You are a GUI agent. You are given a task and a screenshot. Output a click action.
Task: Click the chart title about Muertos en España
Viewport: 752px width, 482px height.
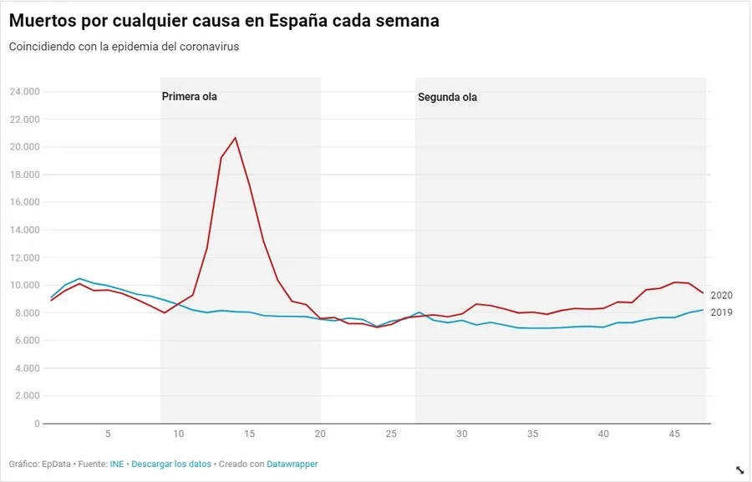[x=224, y=21]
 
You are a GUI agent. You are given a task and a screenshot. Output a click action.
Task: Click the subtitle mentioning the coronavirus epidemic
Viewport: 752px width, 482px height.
[x=124, y=47]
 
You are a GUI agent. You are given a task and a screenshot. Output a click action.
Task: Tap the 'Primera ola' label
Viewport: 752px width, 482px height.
[x=189, y=97]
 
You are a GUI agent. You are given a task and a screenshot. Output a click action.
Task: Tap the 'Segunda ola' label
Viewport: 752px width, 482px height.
[x=447, y=97]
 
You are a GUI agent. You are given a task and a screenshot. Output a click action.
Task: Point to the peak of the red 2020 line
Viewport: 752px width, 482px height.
[x=235, y=138]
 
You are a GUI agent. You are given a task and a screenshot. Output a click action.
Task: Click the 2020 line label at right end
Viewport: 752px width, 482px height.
[x=721, y=296]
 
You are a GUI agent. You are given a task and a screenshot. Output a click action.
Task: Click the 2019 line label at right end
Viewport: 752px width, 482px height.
[x=721, y=312]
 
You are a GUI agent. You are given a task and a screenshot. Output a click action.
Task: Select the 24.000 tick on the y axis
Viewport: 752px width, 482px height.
[x=24, y=92]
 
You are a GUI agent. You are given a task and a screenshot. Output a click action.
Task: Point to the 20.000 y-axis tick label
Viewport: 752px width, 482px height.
[x=24, y=147]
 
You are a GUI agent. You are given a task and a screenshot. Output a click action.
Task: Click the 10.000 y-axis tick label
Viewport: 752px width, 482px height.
[x=24, y=285]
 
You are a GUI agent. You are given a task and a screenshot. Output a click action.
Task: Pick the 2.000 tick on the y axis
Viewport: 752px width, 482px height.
[x=27, y=396]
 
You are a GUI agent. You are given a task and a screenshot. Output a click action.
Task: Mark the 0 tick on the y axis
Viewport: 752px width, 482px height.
[x=36, y=424]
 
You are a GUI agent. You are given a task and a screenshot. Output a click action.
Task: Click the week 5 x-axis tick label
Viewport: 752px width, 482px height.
[x=108, y=434]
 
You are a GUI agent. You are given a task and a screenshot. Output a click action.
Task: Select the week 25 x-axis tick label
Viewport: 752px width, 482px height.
[x=391, y=434]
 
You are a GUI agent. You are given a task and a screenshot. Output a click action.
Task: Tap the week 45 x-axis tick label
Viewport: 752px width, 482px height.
[x=674, y=434]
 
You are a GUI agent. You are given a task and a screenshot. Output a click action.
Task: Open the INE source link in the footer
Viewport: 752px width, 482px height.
[x=117, y=464]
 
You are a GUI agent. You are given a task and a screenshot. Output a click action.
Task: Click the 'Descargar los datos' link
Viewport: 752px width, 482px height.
[x=171, y=464]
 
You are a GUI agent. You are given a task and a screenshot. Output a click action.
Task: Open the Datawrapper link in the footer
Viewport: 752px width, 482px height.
[x=292, y=464]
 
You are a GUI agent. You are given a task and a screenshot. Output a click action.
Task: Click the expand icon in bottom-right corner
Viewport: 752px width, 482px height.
[x=739, y=470]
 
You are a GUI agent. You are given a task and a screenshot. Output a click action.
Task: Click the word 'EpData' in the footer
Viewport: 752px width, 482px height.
[x=57, y=464]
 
